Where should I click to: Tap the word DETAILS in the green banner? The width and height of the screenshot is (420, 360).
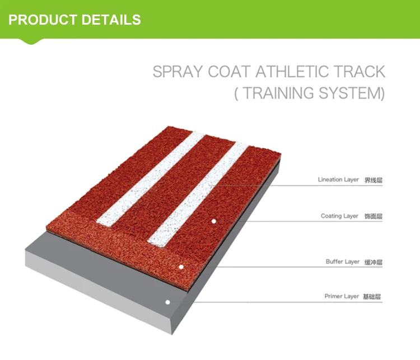coord(110,20)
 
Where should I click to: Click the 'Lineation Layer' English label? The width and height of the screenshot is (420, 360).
coord(338,180)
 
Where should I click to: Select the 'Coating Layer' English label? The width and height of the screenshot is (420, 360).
coord(339,216)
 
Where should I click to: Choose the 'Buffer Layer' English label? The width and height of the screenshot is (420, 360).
coord(343,261)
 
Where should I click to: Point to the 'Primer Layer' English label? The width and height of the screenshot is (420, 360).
coord(342,296)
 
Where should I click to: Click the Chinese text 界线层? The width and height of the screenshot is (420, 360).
coord(373,180)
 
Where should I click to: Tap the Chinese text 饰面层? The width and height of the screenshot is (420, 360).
coord(373,216)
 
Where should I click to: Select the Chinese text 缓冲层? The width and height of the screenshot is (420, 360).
coord(374,262)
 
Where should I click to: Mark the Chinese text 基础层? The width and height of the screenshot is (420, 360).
coord(373,297)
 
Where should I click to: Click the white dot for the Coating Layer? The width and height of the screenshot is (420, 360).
coord(213,221)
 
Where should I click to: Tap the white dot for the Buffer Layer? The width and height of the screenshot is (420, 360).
coord(181,267)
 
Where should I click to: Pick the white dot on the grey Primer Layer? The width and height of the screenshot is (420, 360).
coord(167,302)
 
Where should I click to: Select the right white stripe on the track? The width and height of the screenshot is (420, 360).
coord(202,190)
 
